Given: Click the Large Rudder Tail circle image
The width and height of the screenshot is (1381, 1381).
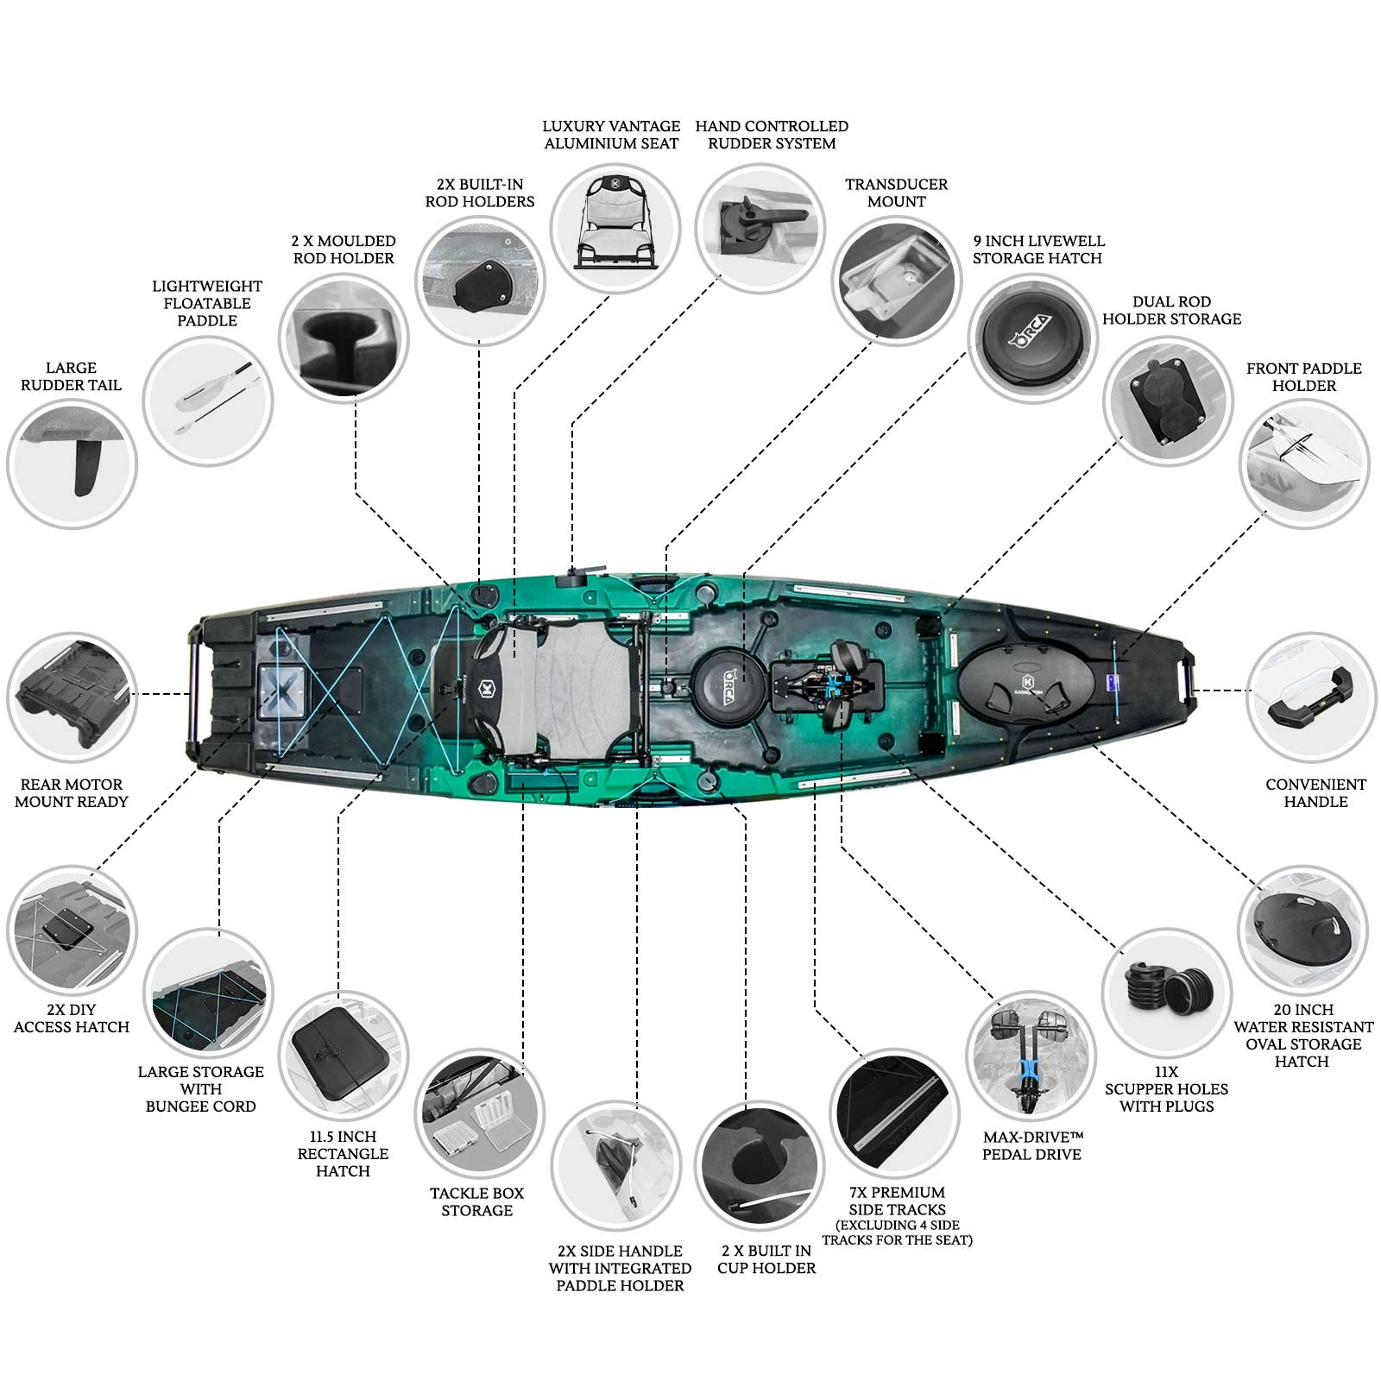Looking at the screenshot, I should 72,463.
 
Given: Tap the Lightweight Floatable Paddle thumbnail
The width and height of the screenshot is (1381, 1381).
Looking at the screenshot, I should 207,401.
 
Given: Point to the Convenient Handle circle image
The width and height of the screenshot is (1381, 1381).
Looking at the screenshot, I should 1310,697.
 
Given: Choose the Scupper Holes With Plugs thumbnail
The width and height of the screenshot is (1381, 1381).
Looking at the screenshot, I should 1166,993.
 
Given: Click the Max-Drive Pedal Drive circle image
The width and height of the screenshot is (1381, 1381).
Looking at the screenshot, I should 1031,1054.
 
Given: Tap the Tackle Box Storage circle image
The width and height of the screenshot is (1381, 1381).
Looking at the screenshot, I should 479,1113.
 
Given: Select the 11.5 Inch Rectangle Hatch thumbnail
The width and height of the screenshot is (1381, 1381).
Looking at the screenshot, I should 343,1055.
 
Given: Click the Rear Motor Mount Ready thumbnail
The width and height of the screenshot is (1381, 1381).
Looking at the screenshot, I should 72,697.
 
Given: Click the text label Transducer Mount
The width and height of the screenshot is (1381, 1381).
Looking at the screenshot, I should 896,192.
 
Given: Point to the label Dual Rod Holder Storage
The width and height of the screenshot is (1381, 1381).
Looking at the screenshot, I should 1171,310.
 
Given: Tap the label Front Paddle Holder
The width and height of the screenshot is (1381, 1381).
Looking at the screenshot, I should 1303,377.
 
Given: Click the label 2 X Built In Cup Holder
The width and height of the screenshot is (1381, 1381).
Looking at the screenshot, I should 766,1259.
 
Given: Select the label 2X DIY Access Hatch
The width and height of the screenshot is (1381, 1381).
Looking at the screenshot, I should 72,1018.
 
